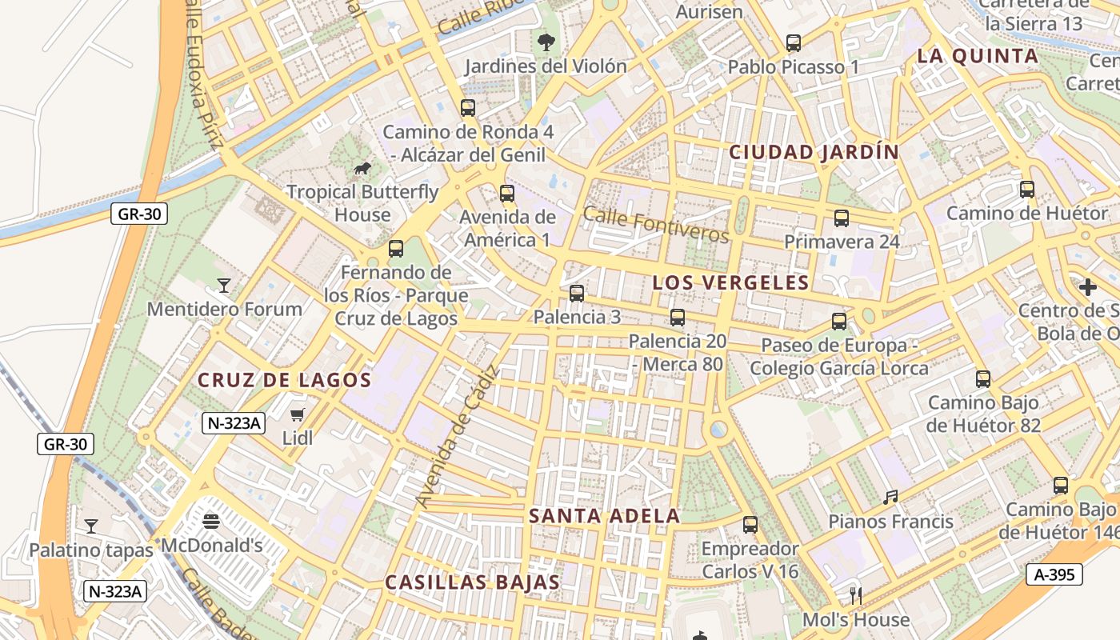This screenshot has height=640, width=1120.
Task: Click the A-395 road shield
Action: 1054,574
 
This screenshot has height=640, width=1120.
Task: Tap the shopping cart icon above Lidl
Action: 298,414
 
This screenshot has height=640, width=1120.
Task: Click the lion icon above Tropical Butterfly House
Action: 362,168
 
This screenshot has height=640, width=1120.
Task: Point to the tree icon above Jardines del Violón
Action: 546,42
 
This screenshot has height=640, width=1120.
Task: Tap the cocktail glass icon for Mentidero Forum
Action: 224,286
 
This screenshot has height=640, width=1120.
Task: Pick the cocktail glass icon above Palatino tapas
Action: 91,526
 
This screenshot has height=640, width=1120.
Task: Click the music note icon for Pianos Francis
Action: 890,498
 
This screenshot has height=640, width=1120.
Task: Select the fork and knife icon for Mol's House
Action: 855,595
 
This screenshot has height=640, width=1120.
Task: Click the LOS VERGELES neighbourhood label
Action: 731,282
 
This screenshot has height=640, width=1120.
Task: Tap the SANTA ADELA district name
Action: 605,516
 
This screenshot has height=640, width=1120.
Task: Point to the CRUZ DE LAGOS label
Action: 285,380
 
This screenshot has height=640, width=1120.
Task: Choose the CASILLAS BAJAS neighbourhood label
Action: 472,582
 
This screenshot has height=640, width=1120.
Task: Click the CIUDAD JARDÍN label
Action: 814,152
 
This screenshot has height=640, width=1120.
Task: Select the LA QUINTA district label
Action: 978,56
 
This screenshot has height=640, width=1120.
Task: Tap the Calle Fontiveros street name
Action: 656,224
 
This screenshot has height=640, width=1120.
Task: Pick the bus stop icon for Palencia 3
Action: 577,294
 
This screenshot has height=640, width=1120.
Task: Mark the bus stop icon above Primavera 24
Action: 842,218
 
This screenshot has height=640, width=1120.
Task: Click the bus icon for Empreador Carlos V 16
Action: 750,525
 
